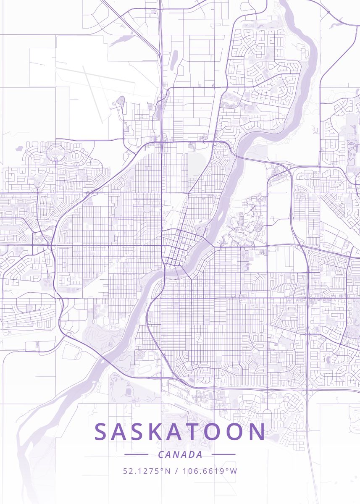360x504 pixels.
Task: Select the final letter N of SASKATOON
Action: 257,432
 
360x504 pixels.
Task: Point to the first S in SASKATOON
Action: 101,432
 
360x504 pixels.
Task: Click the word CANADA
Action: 180,454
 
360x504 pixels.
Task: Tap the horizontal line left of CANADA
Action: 136,454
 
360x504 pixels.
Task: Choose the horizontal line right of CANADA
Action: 223,454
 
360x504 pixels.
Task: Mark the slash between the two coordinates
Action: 176,471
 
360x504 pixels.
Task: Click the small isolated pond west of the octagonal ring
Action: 19,148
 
